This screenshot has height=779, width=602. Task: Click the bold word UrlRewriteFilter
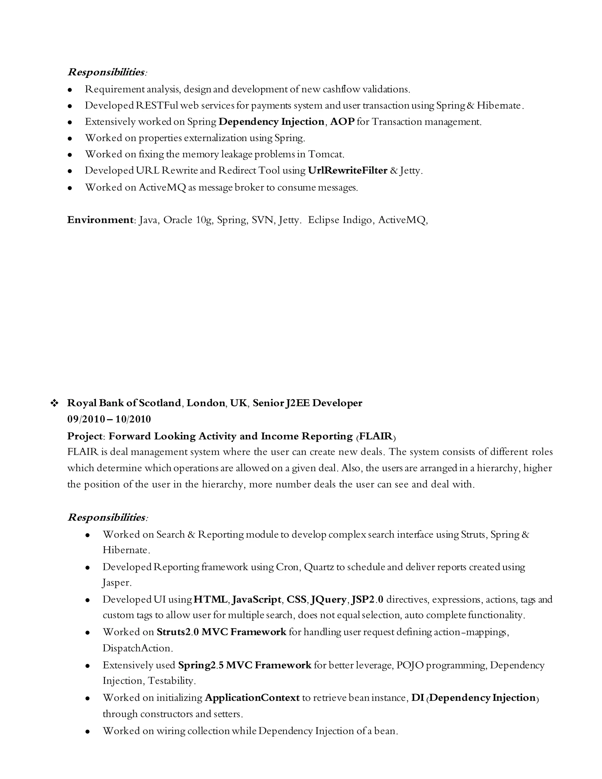coord(347,170)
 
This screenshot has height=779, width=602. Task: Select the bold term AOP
coord(342,122)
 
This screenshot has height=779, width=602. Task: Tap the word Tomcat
coord(326,154)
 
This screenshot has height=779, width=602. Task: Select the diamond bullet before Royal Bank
coord(55,403)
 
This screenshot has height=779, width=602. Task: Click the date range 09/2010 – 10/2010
coord(109,419)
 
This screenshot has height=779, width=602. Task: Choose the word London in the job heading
coord(206,403)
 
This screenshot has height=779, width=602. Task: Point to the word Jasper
coord(117,583)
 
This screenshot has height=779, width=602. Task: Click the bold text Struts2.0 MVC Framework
coord(221,632)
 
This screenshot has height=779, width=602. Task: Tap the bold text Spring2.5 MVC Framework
coord(244,665)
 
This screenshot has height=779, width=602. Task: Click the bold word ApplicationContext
coord(252,697)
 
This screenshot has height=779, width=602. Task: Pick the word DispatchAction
coord(137,648)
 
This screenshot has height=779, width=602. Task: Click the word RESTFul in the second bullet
coord(157,106)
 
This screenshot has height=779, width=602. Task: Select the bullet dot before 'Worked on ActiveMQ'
coord(70,188)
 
